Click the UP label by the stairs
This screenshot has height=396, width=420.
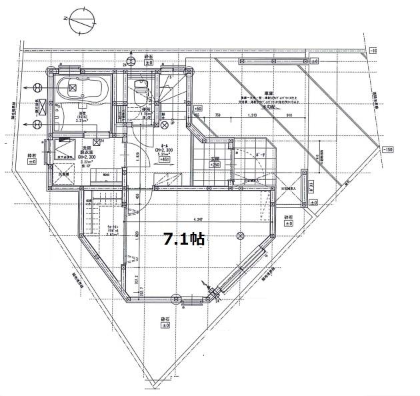[x=173, y=123]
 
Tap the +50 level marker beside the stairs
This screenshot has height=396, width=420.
[x=197, y=107]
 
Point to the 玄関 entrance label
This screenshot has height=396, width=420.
[x=215, y=158]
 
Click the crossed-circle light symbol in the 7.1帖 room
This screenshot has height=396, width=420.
[x=241, y=235]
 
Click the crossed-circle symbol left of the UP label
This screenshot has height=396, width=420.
[x=163, y=123]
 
